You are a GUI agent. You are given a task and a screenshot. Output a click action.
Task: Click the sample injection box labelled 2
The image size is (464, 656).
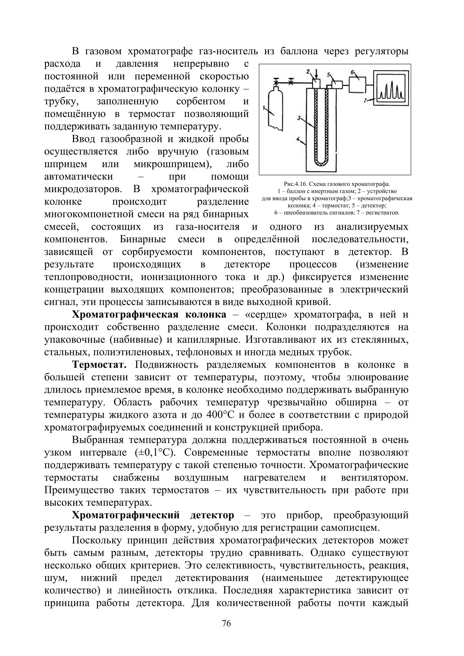pos(316,84)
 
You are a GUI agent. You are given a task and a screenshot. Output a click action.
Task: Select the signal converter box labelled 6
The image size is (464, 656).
pos(357,85)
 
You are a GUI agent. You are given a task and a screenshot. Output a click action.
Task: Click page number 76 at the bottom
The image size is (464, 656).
pos(226,623)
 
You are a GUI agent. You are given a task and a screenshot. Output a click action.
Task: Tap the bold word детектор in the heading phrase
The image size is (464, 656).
pos(212,515)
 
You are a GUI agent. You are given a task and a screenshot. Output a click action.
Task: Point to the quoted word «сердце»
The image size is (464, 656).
pos(266,315)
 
